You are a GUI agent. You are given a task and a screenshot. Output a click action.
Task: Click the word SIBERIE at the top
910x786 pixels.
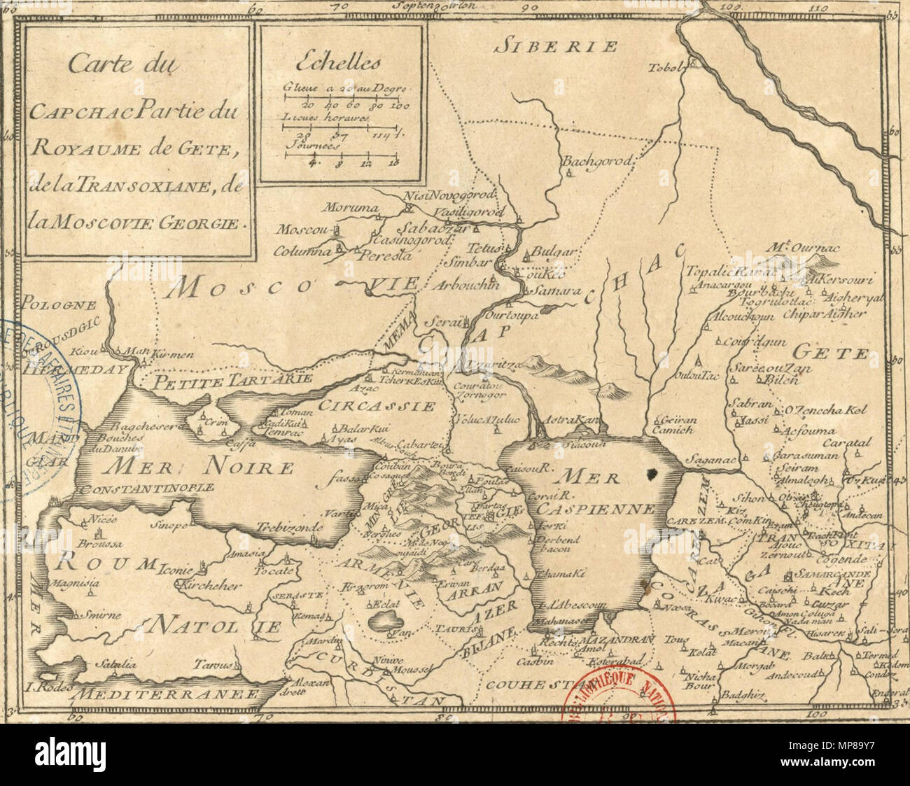tap(556, 47)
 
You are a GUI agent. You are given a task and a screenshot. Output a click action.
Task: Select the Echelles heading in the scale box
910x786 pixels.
tap(338, 64)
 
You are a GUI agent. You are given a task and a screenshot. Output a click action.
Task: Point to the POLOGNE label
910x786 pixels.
tap(48, 304)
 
